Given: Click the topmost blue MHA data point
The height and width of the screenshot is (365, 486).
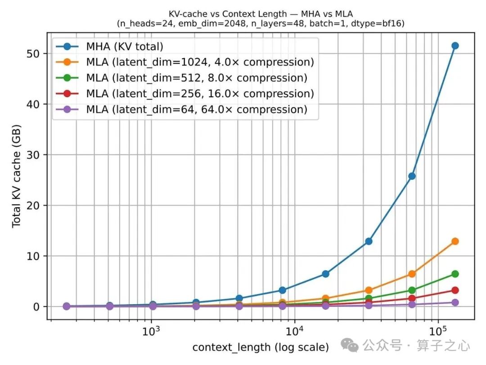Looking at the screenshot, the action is point(454,46).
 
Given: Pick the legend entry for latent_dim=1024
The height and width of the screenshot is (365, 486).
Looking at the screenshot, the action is point(185,62).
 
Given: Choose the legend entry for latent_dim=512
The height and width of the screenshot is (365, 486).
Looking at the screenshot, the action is point(182,78).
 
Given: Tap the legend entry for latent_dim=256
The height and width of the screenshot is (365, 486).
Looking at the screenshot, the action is point(185,94).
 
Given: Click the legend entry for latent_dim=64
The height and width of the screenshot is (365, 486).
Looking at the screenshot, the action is point(182,109).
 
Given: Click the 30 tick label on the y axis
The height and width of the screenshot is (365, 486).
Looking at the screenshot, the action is point(33,155).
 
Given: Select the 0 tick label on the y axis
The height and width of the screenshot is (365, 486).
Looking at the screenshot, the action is point(36,307).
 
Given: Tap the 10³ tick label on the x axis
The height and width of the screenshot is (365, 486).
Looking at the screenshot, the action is point(151,331).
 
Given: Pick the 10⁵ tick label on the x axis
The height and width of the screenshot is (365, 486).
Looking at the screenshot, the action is point(438,331).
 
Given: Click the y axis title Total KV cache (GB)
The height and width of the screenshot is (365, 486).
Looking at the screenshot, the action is point(17,176).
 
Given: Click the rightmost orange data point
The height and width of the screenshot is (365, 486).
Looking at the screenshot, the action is point(454,241).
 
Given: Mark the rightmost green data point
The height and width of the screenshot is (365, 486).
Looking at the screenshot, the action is point(454,274).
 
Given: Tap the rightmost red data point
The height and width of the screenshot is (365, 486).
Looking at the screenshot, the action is point(454,290).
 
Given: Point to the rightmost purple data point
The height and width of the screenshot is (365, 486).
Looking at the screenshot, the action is point(454,302).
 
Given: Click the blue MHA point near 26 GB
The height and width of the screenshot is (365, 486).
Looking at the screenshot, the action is point(412,176).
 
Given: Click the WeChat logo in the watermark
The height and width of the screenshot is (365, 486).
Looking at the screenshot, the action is point(350,346).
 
